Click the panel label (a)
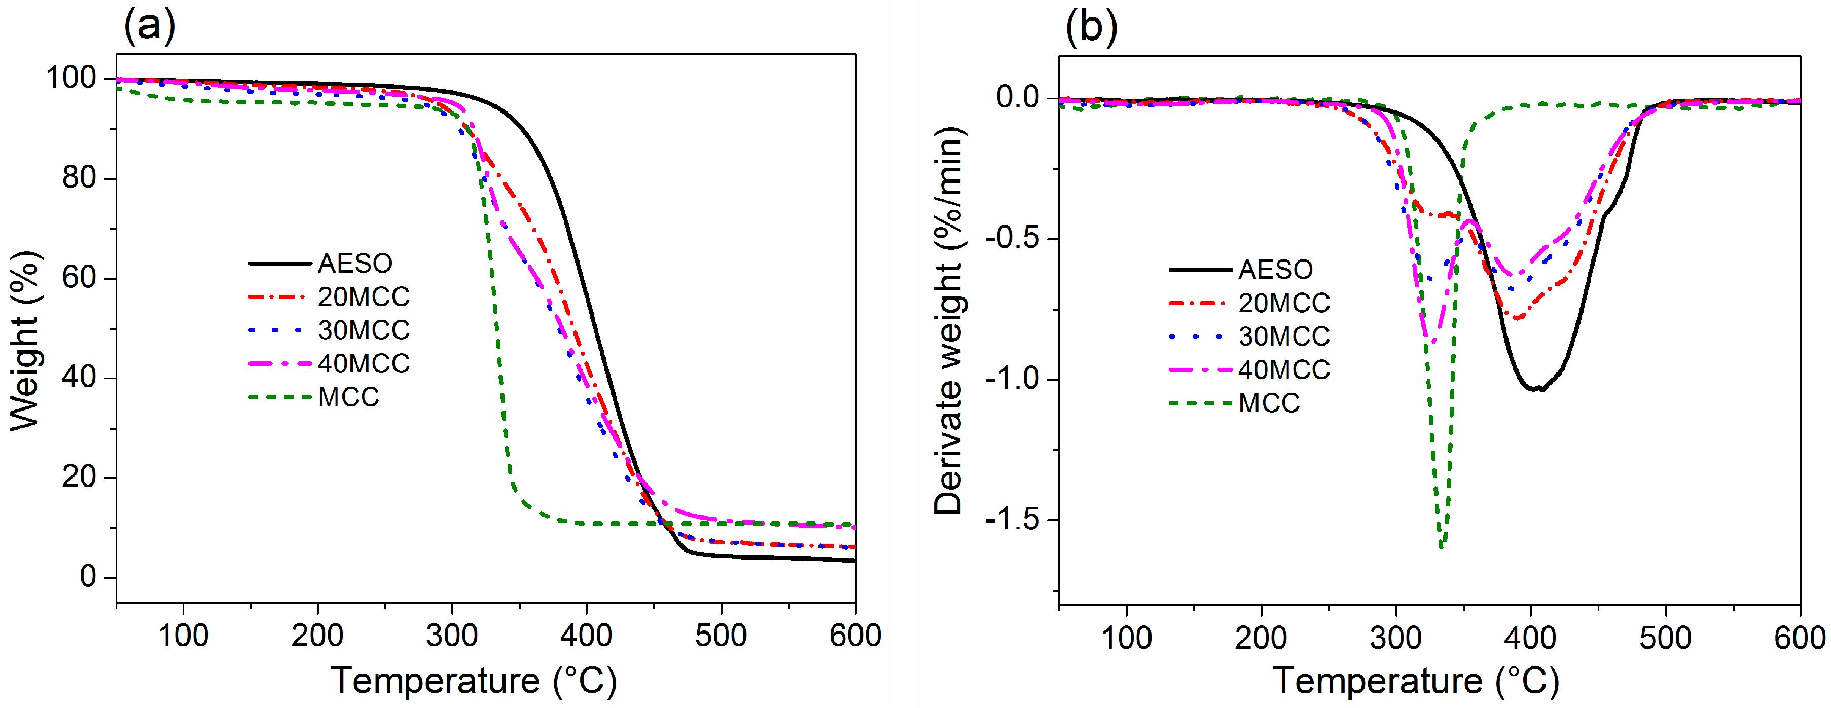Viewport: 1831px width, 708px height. click(x=149, y=27)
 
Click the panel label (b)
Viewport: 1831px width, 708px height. click(x=1091, y=27)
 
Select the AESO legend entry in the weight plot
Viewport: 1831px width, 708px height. click(x=354, y=264)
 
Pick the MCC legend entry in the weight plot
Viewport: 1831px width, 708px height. click(x=348, y=397)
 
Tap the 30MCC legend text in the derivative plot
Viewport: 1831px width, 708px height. click(x=1284, y=337)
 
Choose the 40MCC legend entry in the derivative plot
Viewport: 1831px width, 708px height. click(x=1284, y=370)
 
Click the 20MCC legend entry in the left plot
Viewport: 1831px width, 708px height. click(x=363, y=297)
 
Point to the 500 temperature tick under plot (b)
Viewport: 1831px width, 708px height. click(x=1665, y=637)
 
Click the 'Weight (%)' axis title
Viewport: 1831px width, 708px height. click(x=25, y=341)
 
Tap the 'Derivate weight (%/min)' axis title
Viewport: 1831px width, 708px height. click(x=949, y=321)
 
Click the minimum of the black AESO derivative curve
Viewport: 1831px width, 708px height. click(x=1535, y=389)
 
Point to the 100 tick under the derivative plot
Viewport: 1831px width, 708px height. click(x=1127, y=637)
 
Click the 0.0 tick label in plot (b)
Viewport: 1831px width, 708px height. click(x=1017, y=97)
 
